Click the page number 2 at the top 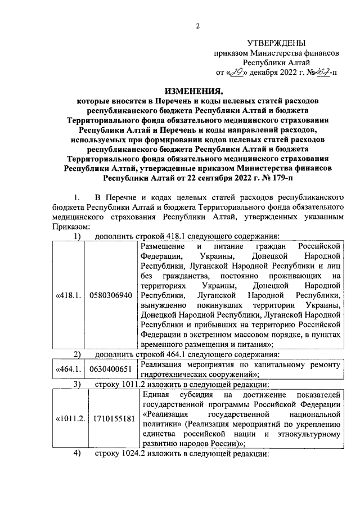click(198, 25)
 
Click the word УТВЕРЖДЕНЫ click(277, 43)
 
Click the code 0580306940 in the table click(111, 295)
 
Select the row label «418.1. click(69, 295)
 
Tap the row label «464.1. click(69, 369)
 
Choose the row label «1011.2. click(69, 419)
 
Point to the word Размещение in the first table click(163, 246)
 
